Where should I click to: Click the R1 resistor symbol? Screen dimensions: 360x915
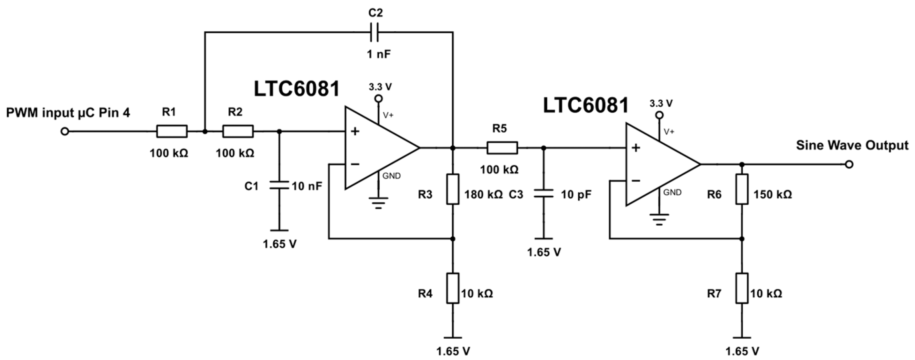[172, 131]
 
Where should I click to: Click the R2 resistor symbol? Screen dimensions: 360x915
[238, 131]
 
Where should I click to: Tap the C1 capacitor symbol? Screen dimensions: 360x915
[279, 185]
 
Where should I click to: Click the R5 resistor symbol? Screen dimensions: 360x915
[502, 148]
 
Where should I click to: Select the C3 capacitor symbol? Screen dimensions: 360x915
[543, 194]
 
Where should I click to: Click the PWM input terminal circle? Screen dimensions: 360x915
[65, 132]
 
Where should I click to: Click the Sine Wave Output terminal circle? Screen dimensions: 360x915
[849, 164]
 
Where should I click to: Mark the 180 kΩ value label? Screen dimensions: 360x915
[483, 195]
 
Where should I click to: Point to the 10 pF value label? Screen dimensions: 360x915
[576, 195]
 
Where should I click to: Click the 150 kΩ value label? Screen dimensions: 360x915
[773, 195]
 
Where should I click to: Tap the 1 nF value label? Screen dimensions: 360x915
[379, 54]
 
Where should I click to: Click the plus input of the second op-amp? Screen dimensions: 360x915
[636, 148]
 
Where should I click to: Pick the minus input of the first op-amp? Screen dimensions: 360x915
[355, 164]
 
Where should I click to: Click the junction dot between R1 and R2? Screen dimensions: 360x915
[205, 131]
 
